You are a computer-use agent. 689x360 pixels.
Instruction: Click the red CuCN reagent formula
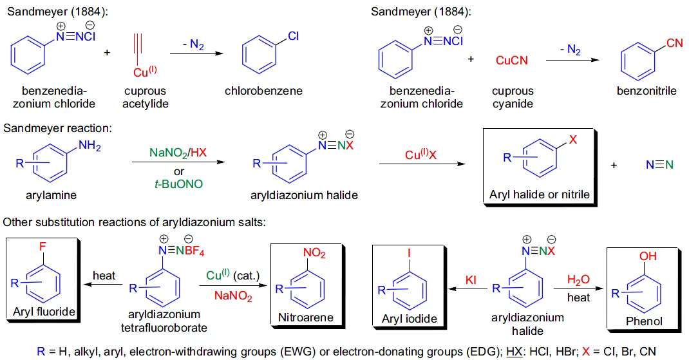pos(512,60)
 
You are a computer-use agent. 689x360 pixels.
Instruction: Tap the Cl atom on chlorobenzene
pos(294,37)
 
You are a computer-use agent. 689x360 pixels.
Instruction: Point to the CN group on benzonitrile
pos(674,43)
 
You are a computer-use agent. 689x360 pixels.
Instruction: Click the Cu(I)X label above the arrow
pos(422,155)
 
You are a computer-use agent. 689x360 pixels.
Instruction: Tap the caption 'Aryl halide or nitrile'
pos(540,194)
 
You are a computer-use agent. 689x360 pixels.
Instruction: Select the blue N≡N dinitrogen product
pos(659,166)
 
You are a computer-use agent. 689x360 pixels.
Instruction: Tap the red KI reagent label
pos(470,280)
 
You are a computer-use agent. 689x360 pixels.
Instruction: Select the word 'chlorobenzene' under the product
pos(263,91)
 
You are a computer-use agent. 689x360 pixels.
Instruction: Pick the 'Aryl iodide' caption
pos(409,318)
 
